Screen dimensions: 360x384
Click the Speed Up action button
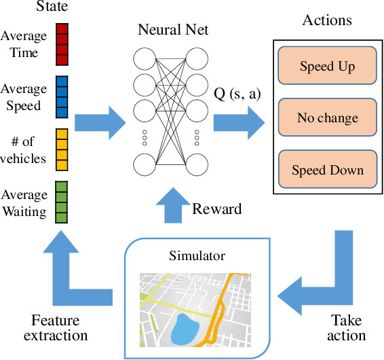(327, 66)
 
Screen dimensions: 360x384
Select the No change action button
(327, 118)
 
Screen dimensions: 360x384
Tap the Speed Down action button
(327, 170)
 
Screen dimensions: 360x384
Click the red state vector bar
(62, 44)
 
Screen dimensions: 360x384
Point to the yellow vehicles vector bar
(62, 149)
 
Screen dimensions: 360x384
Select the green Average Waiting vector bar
(62, 202)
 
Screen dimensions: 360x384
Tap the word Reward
(216, 209)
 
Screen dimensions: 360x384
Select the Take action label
(346, 327)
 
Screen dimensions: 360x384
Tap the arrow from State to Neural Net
(100, 122)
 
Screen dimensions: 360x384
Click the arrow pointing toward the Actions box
(239, 122)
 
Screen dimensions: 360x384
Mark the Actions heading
(327, 19)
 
